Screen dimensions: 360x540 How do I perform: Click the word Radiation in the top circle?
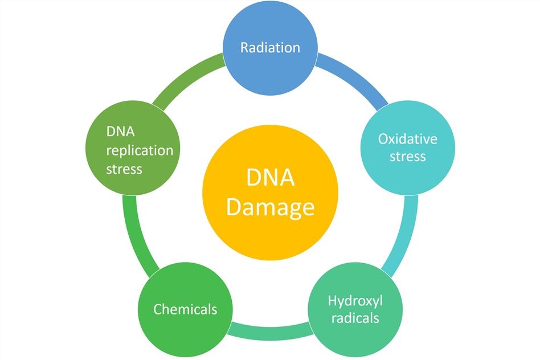tap(270, 47)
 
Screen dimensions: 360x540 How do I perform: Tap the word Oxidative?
tap(407, 139)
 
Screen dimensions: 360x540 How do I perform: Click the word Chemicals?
tap(185, 309)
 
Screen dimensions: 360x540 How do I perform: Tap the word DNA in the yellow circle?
tap(270, 178)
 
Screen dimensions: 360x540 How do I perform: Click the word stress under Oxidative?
tap(407, 156)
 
